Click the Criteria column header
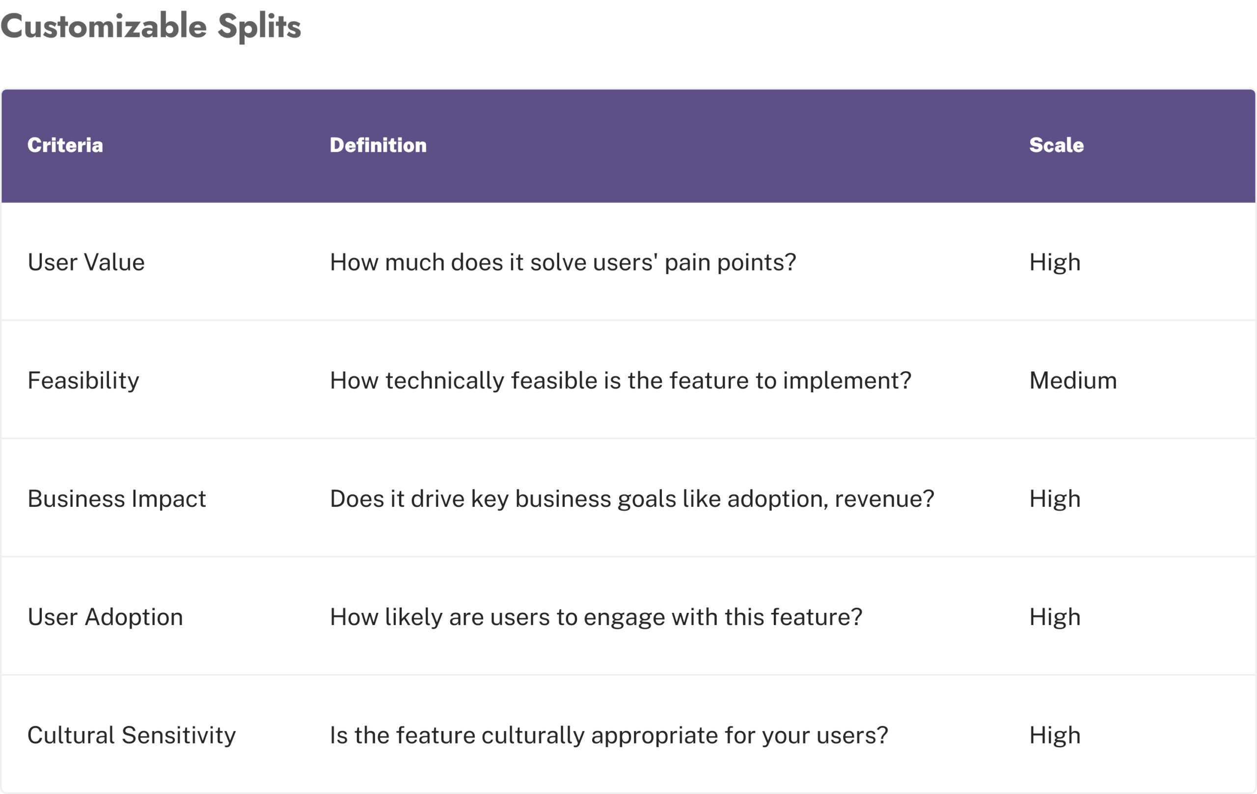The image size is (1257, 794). [65, 145]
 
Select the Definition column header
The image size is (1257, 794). [378, 145]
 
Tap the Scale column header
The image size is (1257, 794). [1056, 145]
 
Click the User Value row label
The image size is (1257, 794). [86, 262]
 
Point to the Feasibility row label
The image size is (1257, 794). [83, 381]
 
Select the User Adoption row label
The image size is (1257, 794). [106, 618]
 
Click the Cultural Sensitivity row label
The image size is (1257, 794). [132, 736]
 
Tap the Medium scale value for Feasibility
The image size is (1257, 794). [1073, 381]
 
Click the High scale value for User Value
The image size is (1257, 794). [1055, 263]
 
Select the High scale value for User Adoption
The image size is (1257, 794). [1055, 618]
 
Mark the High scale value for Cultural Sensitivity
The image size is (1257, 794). [1055, 736]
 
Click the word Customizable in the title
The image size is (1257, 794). [104, 26]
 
